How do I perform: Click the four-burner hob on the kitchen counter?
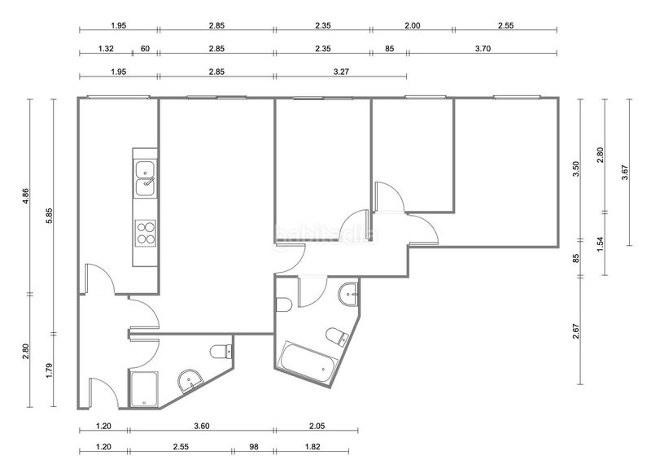(146, 234)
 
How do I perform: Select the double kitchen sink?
(146, 178)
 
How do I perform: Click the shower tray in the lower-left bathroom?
(144, 389)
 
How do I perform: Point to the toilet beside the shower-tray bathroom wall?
(221, 352)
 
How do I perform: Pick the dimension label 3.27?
(341, 72)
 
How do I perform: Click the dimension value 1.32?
(106, 49)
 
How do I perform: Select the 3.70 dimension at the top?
(483, 49)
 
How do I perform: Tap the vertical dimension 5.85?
(49, 216)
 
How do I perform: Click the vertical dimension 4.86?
(26, 196)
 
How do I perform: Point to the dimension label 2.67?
(576, 331)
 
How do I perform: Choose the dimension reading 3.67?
(625, 173)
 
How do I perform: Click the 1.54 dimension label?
(600, 244)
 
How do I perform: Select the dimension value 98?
(254, 446)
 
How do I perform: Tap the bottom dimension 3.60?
(202, 426)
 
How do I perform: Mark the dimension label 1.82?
(312, 446)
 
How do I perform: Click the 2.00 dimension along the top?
(413, 25)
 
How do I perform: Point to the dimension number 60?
(145, 49)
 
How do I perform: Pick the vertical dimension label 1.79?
(49, 370)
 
